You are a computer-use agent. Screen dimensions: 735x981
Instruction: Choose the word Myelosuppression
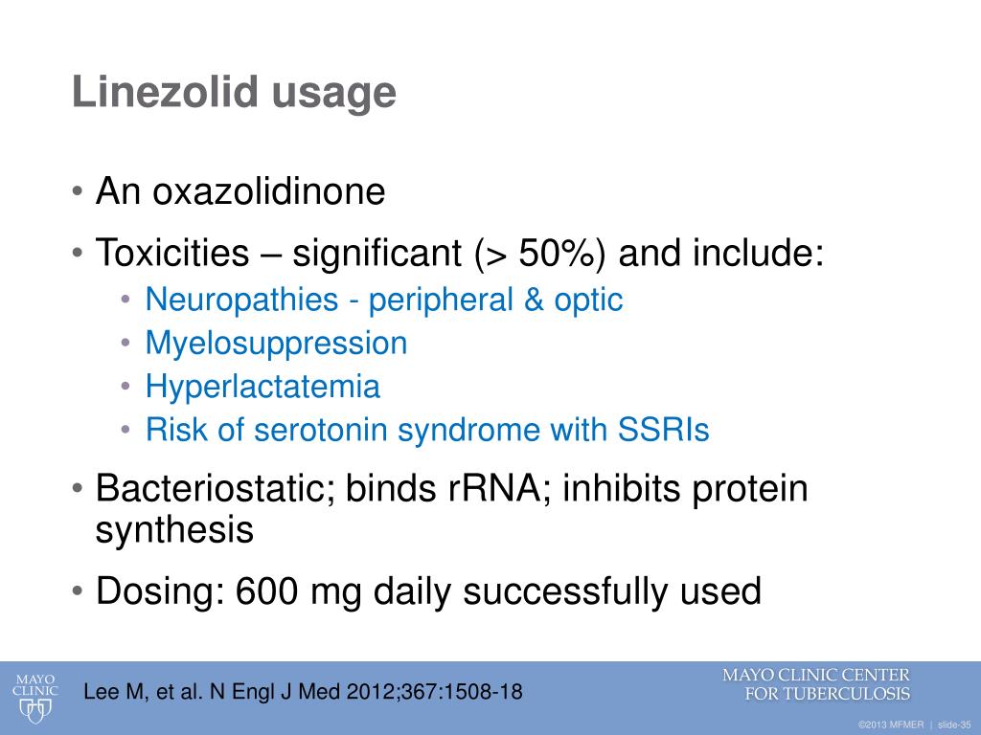[276, 344]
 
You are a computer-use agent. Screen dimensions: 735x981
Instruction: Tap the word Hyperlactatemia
[262, 387]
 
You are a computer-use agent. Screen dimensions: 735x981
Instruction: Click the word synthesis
[174, 529]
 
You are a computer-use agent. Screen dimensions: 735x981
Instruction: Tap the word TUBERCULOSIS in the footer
[846, 694]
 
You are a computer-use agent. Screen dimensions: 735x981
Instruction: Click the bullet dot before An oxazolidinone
[78, 193]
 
